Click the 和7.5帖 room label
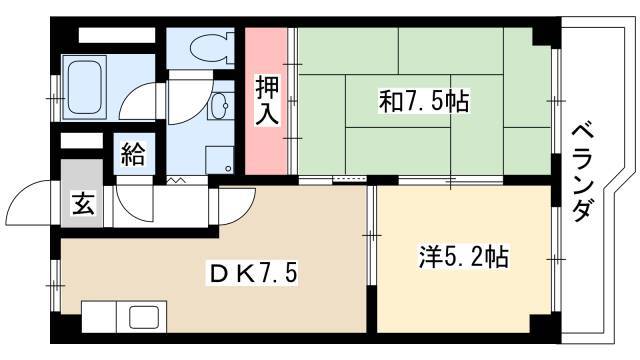(424, 102)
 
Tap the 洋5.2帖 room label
(464, 257)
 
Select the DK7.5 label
(253, 273)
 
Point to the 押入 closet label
(267, 100)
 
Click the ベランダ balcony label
(582, 173)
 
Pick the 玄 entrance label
(83, 203)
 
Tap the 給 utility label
(133, 153)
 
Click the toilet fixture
(212, 49)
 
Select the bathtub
(84, 87)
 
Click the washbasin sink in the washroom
(220, 105)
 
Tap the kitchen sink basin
(144, 317)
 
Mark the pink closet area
(266, 101)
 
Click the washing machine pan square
(220, 160)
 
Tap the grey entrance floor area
(82, 193)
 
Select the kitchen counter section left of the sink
(99, 317)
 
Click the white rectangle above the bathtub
(117, 35)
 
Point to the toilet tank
(230, 49)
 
